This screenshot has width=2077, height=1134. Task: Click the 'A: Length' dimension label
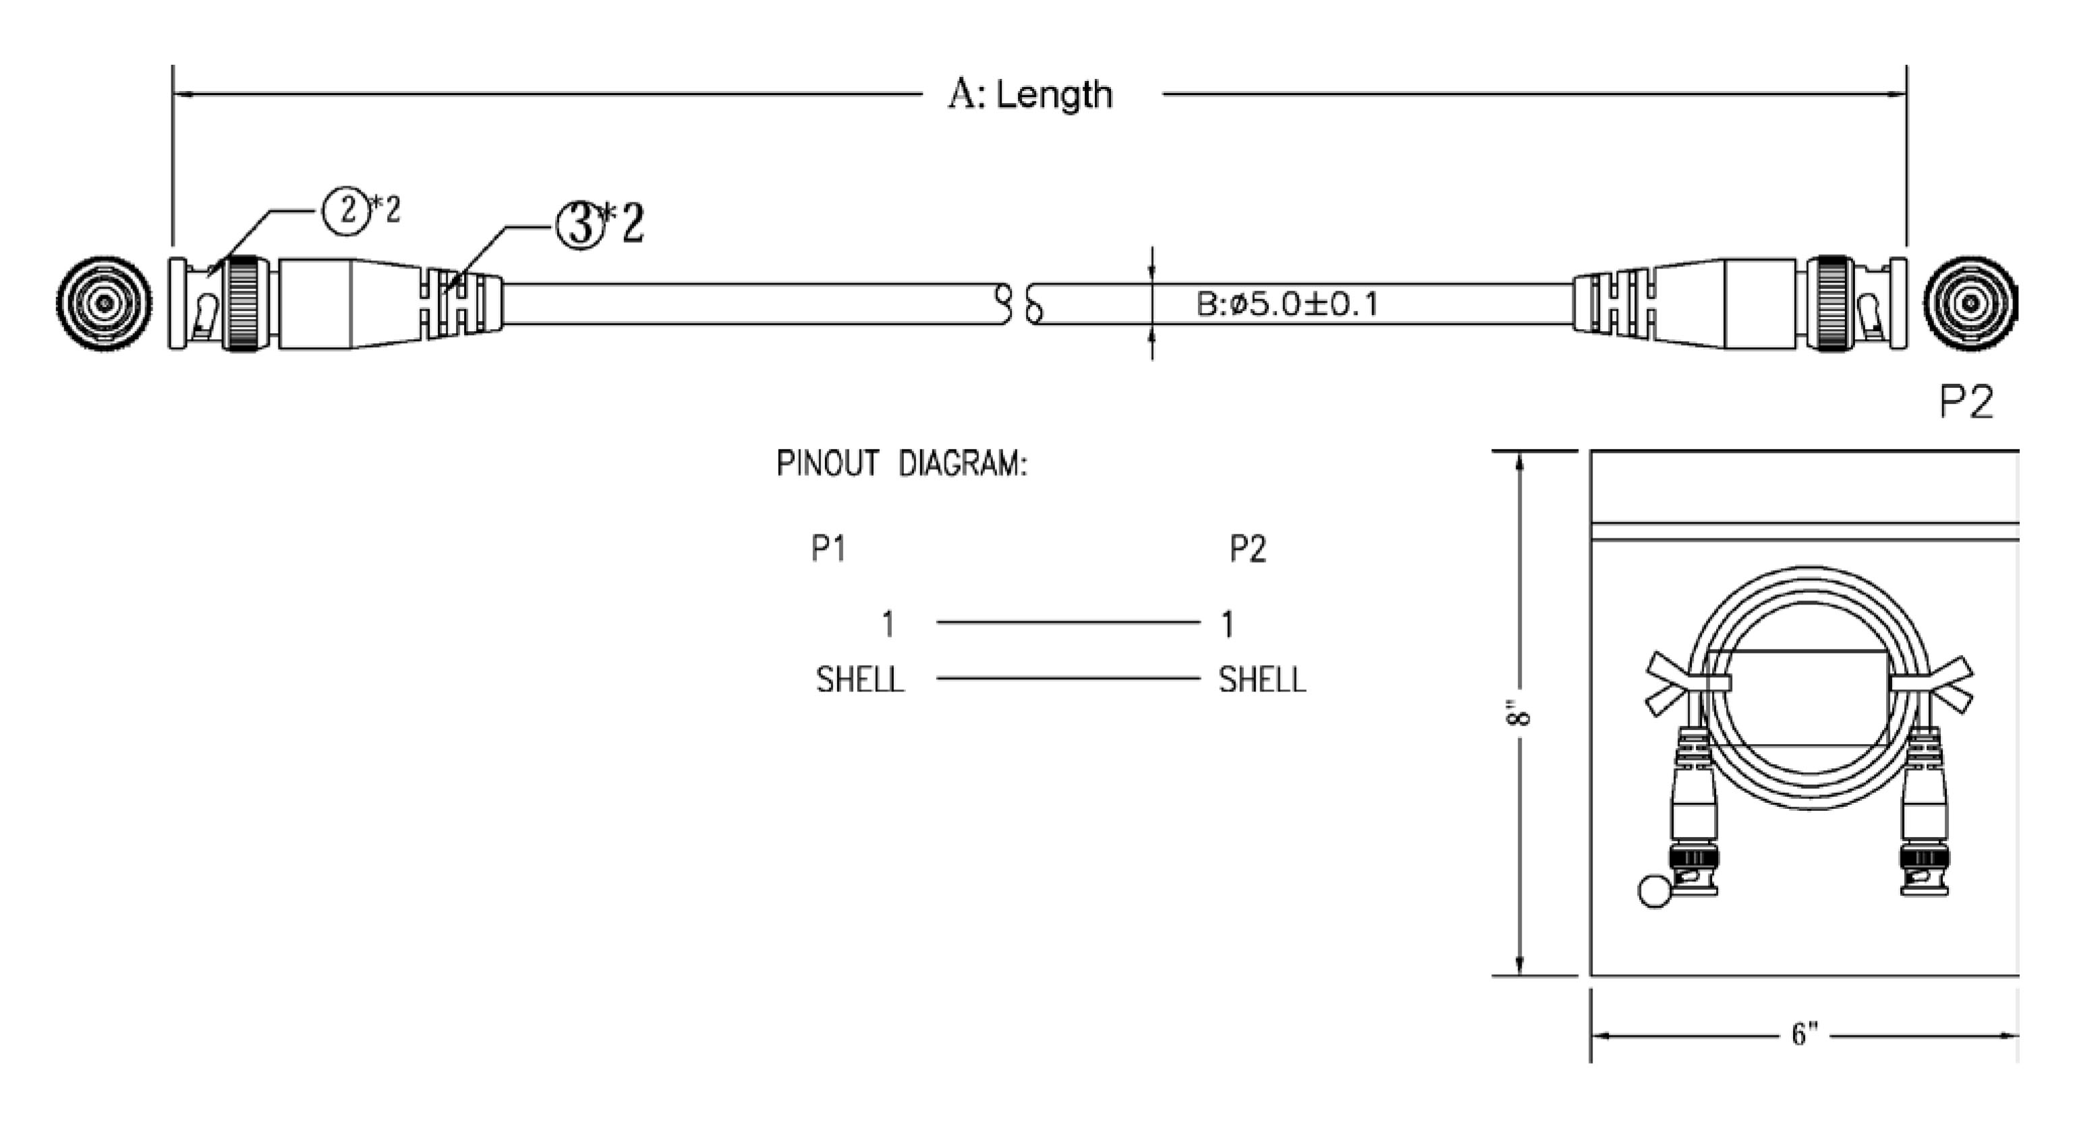(x=1029, y=94)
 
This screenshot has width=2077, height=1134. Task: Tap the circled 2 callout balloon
(x=347, y=210)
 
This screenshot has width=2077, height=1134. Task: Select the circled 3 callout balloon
(x=581, y=225)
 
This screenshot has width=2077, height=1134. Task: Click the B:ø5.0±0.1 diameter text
(x=1287, y=304)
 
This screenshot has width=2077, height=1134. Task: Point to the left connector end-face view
(x=104, y=304)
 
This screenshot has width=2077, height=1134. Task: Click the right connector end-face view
(x=1970, y=304)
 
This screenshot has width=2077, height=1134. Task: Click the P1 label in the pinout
(x=828, y=549)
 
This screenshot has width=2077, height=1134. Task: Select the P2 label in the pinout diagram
(x=1247, y=549)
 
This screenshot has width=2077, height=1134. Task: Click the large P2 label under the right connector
(x=1966, y=401)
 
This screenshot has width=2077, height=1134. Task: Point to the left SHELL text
(x=859, y=680)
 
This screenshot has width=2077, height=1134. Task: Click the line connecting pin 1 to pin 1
(x=1068, y=622)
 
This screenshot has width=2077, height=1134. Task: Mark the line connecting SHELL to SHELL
(x=1068, y=678)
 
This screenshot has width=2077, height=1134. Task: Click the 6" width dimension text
(x=1804, y=1034)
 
